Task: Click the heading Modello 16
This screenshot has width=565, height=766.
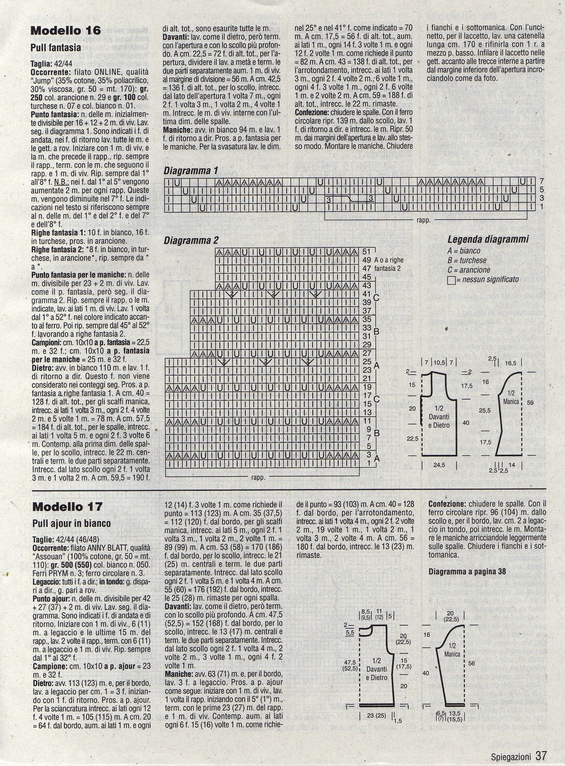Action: point(66,31)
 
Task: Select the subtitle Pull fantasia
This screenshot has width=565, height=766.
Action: point(55,47)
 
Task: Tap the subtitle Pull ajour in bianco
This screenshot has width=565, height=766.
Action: point(71,523)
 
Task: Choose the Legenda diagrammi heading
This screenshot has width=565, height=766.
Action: point(488,239)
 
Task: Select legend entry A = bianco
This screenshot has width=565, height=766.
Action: point(464,251)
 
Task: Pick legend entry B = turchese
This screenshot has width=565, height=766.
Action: point(466,260)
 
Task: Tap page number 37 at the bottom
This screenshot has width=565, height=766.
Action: point(541,756)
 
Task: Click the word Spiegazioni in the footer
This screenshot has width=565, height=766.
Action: point(511,757)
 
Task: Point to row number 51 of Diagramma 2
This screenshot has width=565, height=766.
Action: point(367,251)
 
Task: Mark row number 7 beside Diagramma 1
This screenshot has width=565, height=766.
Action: point(541,181)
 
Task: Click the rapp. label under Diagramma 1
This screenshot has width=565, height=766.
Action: point(423,221)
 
